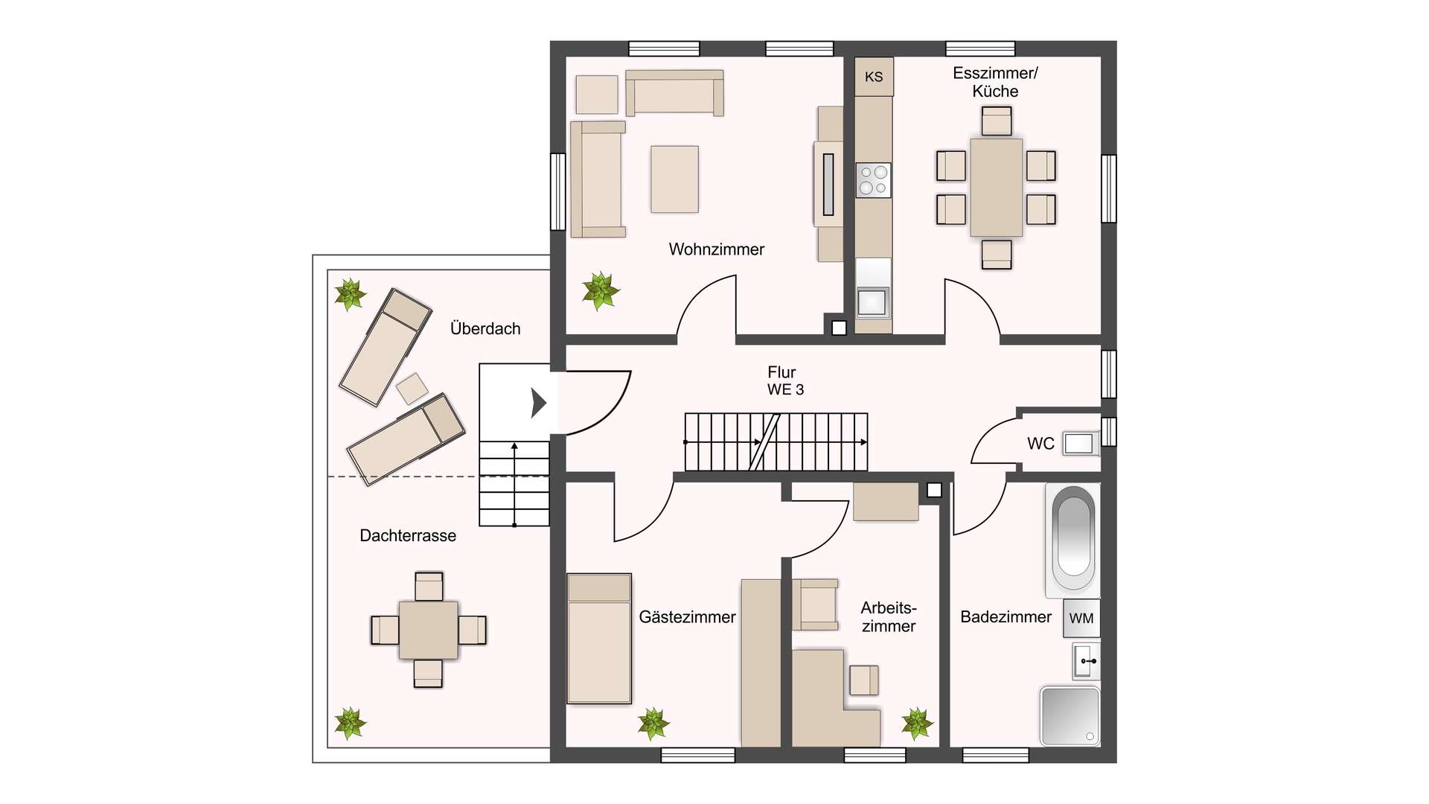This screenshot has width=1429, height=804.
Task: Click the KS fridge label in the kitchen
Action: click(874, 77)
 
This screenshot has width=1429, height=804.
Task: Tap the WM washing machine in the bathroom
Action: click(1081, 618)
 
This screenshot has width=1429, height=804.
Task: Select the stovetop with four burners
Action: click(873, 180)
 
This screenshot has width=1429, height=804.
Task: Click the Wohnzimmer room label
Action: click(716, 249)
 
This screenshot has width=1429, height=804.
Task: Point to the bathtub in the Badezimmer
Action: click(1072, 540)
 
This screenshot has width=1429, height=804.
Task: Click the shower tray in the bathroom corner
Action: click(1070, 716)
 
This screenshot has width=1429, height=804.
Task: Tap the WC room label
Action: click(1040, 444)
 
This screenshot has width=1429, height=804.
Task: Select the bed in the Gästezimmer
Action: click(599, 638)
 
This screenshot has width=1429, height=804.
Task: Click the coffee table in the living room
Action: click(674, 179)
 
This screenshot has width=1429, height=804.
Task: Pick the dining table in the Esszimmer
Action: click(996, 188)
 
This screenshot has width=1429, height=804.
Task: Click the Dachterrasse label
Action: click(408, 535)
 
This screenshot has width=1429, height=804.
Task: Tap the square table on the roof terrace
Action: click(428, 630)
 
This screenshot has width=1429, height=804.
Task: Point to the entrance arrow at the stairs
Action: click(538, 403)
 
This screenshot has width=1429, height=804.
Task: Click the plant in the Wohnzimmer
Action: click(600, 290)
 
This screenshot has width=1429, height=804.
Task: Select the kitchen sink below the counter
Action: click(872, 301)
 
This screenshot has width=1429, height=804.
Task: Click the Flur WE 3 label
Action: click(784, 380)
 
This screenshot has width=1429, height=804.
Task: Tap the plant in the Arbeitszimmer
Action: click(917, 723)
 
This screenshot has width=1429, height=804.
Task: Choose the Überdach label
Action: click(485, 328)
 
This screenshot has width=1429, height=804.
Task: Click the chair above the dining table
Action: click(996, 121)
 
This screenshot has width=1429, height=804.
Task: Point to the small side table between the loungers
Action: click(412, 388)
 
